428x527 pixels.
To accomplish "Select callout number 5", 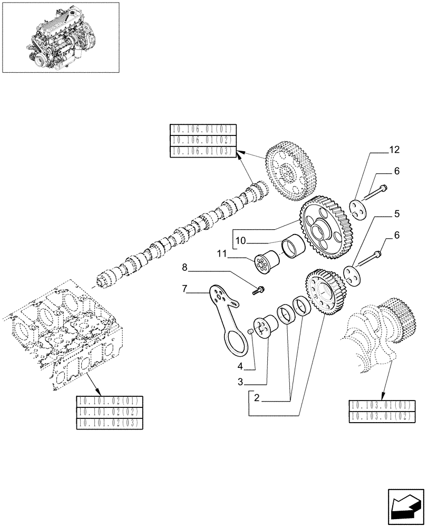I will point(396,214).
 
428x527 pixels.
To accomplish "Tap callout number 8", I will point(184,267).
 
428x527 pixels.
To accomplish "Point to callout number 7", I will point(184,288).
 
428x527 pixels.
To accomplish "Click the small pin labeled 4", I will point(251,331).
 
